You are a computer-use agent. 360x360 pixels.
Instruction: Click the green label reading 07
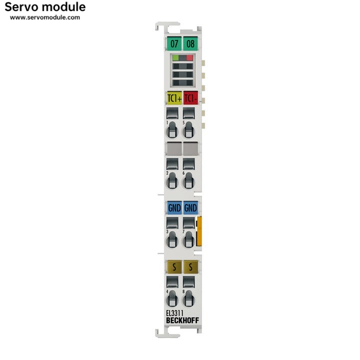(x=174, y=43)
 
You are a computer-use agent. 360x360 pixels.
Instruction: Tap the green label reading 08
(x=190, y=43)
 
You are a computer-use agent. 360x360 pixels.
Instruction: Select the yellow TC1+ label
(x=174, y=98)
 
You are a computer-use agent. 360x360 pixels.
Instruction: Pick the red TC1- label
(x=190, y=98)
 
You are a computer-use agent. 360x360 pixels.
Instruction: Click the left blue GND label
(x=174, y=207)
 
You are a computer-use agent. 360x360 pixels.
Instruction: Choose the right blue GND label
(x=190, y=207)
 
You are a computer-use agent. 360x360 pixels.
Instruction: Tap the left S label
(x=174, y=267)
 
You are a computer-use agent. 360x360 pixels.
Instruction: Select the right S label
(x=190, y=267)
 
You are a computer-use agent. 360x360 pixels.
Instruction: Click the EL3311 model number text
(x=174, y=313)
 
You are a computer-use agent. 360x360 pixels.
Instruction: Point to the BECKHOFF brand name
(x=182, y=320)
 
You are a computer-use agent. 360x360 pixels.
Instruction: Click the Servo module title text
(x=45, y=7)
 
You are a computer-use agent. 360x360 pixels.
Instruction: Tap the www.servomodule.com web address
(x=45, y=17)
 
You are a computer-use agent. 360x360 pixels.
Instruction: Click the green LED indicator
(x=175, y=58)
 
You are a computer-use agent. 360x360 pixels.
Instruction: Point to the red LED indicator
(x=189, y=58)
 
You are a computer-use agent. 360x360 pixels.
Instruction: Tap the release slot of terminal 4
(x=172, y=299)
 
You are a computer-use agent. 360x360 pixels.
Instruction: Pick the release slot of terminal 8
(x=188, y=299)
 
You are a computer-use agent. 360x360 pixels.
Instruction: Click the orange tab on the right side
(x=199, y=231)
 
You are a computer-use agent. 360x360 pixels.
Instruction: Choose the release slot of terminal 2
(x=172, y=181)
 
